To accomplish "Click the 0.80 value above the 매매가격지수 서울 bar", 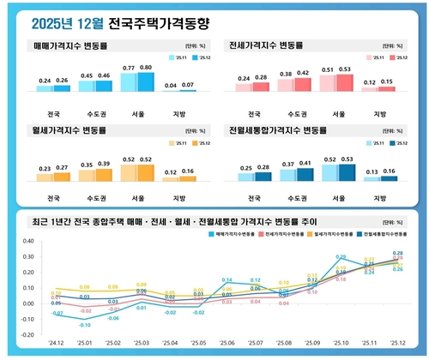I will pyautogui.click(x=146, y=68).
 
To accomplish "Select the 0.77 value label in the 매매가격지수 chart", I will pyautogui.click(x=128, y=69).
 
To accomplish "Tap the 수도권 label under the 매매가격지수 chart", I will pyautogui.click(x=87, y=112).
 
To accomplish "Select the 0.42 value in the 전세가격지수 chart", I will pyautogui.click(x=302, y=74).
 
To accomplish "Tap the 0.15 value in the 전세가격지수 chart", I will pyautogui.click(x=387, y=82).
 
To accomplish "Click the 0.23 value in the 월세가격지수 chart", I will pyautogui.click(x=44, y=169).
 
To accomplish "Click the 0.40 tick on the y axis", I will pyautogui.click(x=28, y=242).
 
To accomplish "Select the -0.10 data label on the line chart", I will pyautogui.click(x=84, y=326).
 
